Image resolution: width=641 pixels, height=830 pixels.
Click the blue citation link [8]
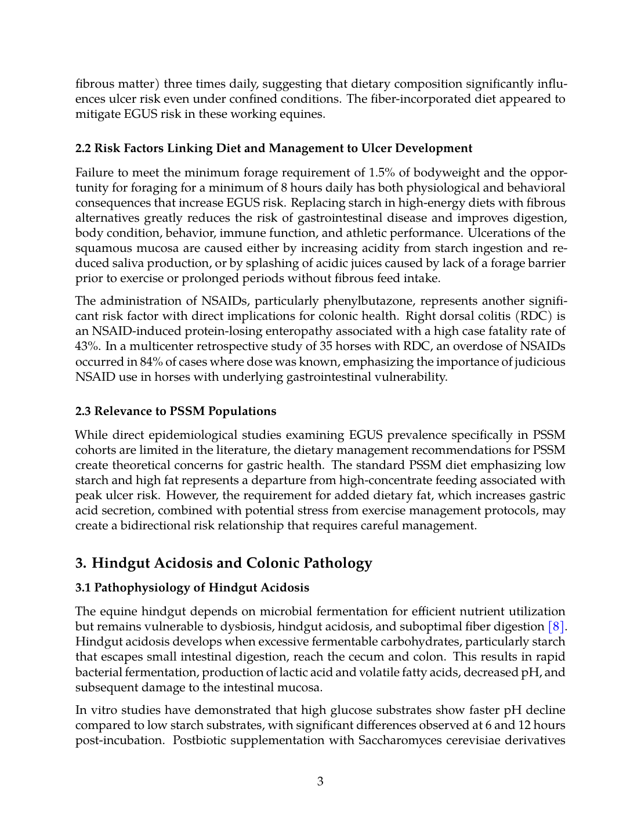pyautogui.click(x=556, y=627)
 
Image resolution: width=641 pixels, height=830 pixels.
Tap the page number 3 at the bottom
pyautogui.click(x=320, y=781)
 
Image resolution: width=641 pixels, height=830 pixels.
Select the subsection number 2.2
pyautogui.click(x=83, y=149)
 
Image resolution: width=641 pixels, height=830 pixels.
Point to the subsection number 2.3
pyautogui.click(x=83, y=412)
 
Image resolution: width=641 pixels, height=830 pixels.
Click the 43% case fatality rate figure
pyautogui.click(x=87, y=347)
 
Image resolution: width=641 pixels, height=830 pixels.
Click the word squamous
pyautogui.click(x=103, y=248)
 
